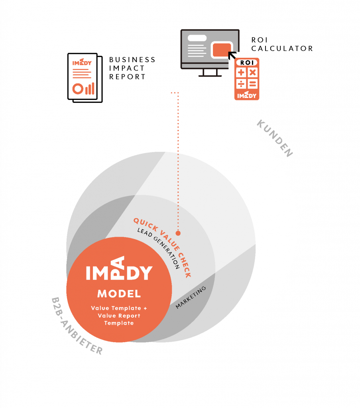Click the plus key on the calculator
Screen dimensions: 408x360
(x=241, y=73)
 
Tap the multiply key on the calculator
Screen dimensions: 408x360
(x=253, y=73)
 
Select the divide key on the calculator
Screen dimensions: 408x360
(x=241, y=84)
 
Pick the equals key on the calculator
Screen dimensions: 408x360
(x=253, y=84)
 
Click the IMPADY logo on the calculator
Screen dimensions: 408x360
(x=247, y=95)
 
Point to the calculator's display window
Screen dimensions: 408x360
(x=247, y=63)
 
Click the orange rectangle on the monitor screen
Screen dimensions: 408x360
(x=222, y=50)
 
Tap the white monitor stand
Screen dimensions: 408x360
(x=210, y=73)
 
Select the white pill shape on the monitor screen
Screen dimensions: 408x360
(x=197, y=38)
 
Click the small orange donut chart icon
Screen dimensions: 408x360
(x=77, y=89)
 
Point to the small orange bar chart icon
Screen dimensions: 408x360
(x=90, y=88)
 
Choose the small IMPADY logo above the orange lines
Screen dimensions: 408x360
(x=82, y=63)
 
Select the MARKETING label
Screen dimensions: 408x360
(x=191, y=297)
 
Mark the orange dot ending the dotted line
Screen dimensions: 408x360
(x=178, y=233)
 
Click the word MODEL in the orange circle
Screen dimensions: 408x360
(x=119, y=294)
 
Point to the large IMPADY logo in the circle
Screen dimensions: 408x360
(x=119, y=271)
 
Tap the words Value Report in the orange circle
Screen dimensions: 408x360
(x=119, y=316)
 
